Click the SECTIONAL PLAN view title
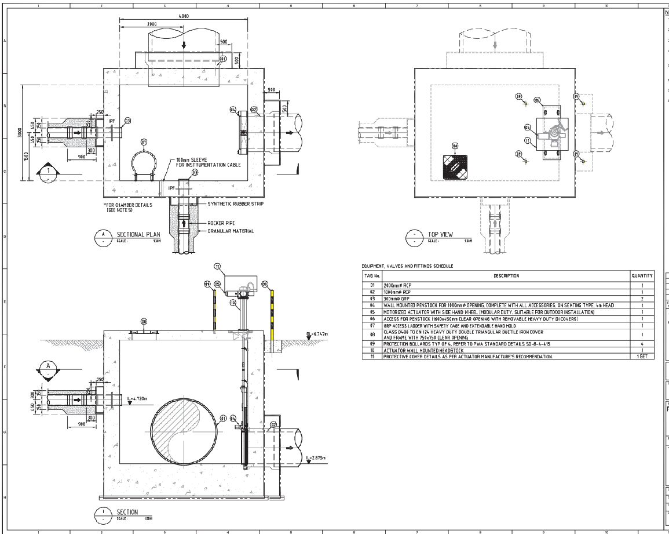138,234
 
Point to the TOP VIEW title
440,235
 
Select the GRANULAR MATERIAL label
230,231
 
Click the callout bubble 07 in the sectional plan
143,141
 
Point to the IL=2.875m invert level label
316,458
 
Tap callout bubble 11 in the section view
217,267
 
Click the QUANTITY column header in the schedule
642,276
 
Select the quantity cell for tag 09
642,343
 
